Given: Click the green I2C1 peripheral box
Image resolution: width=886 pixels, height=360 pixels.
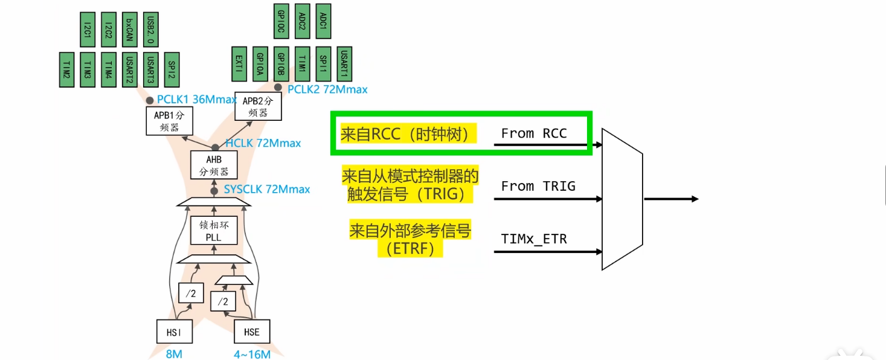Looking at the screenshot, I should pyautogui.click(x=88, y=30).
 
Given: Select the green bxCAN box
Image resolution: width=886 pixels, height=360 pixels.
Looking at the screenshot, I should pyautogui.click(x=130, y=30).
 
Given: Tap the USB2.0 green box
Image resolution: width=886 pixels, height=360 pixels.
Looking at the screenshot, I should pyautogui.click(x=151, y=30).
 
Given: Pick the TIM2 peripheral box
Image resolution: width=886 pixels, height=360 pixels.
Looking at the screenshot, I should pyautogui.click(x=66, y=69).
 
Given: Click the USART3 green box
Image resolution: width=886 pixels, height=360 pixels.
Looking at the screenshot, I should pyautogui.click(x=151, y=69).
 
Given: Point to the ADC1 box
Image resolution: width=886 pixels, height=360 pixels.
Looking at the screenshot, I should pyautogui.click(x=323, y=21).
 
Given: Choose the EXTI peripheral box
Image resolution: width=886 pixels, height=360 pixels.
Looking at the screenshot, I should pyautogui.click(x=240, y=63).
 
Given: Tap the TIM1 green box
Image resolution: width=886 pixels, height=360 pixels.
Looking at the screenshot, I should pyautogui.click(x=303, y=63).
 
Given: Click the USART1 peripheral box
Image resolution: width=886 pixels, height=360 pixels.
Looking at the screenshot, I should pyautogui.click(x=344, y=63).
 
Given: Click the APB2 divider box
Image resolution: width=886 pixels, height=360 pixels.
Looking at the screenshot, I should pyautogui.click(x=258, y=107).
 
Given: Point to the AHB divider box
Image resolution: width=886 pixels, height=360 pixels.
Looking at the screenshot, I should pyautogui.click(x=214, y=164).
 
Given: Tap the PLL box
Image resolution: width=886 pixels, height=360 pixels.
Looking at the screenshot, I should pyautogui.click(x=214, y=231).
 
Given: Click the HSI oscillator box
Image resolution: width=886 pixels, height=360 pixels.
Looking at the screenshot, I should pyautogui.click(x=174, y=332).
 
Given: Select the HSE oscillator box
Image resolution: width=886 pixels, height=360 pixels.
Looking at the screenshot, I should pyautogui.click(x=251, y=332).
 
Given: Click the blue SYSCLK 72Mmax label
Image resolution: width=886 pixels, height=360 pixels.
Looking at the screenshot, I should pyautogui.click(x=266, y=189).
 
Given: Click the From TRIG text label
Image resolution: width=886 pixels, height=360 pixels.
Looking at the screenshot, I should pyautogui.click(x=538, y=186).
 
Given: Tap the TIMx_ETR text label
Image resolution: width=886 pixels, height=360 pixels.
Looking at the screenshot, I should pyautogui.click(x=534, y=239).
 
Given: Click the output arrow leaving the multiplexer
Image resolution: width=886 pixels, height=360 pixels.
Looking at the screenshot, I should pyautogui.click(x=670, y=199).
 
